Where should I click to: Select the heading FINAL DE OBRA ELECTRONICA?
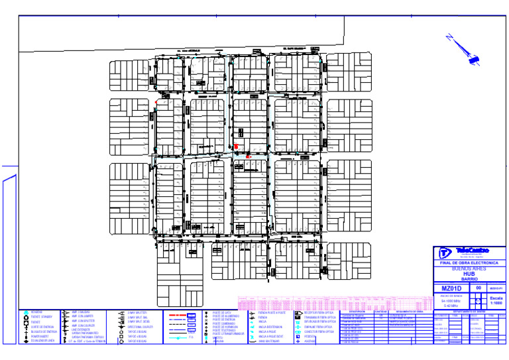[469, 263]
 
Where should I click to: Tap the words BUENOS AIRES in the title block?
[469, 269]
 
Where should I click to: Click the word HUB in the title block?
[469, 274]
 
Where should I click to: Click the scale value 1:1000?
[496, 303]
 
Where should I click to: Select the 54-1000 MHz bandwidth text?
[451, 300]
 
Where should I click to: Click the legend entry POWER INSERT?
[42, 336]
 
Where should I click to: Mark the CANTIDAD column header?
[381, 311]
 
